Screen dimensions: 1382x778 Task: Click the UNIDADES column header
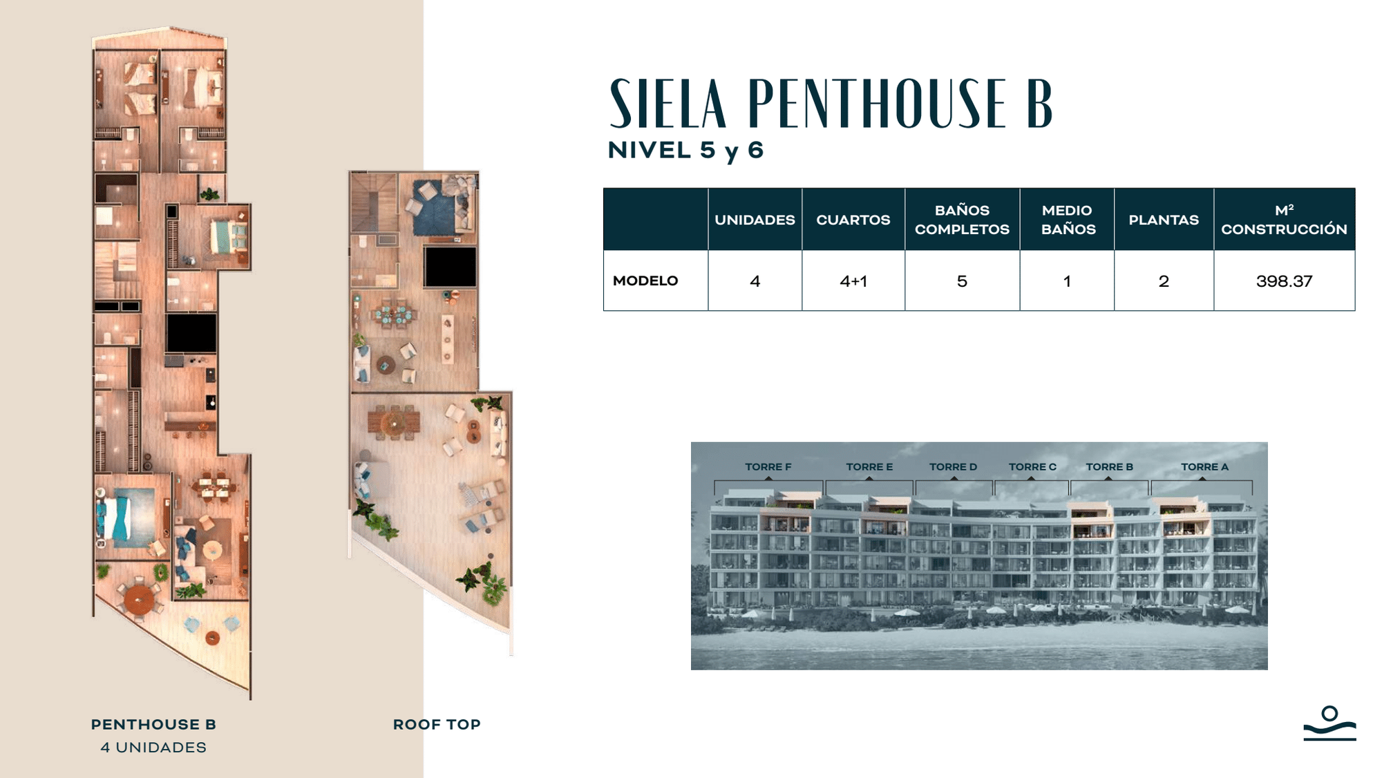(x=755, y=220)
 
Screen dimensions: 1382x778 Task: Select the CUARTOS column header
(x=853, y=220)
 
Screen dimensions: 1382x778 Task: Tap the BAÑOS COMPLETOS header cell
(x=962, y=220)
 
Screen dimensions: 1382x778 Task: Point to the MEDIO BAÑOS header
(x=1068, y=220)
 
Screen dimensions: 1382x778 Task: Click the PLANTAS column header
(x=1164, y=220)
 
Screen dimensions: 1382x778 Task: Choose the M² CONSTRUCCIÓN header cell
(x=1284, y=220)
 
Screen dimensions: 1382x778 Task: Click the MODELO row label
(x=645, y=281)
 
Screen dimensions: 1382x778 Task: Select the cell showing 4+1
(x=853, y=281)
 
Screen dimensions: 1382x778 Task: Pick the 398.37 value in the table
(x=1284, y=281)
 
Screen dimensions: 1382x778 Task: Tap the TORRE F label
(x=768, y=467)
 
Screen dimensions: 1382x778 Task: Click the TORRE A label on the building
(x=1204, y=467)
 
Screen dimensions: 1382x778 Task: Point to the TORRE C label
(x=1032, y=467)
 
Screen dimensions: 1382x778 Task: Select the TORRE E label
(x=869, y=467)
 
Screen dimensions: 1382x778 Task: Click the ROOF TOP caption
(x=437, y=725)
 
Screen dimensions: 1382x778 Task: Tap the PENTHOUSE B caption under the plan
(x=153, y=725)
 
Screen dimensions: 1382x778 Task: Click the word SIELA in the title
(x=668, y=104)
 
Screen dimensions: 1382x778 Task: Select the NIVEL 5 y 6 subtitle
(x=685, y=151)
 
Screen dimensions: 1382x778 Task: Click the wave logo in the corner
(x=1329, y=723)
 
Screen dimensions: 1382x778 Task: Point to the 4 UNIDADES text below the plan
(x=153, y=748)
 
